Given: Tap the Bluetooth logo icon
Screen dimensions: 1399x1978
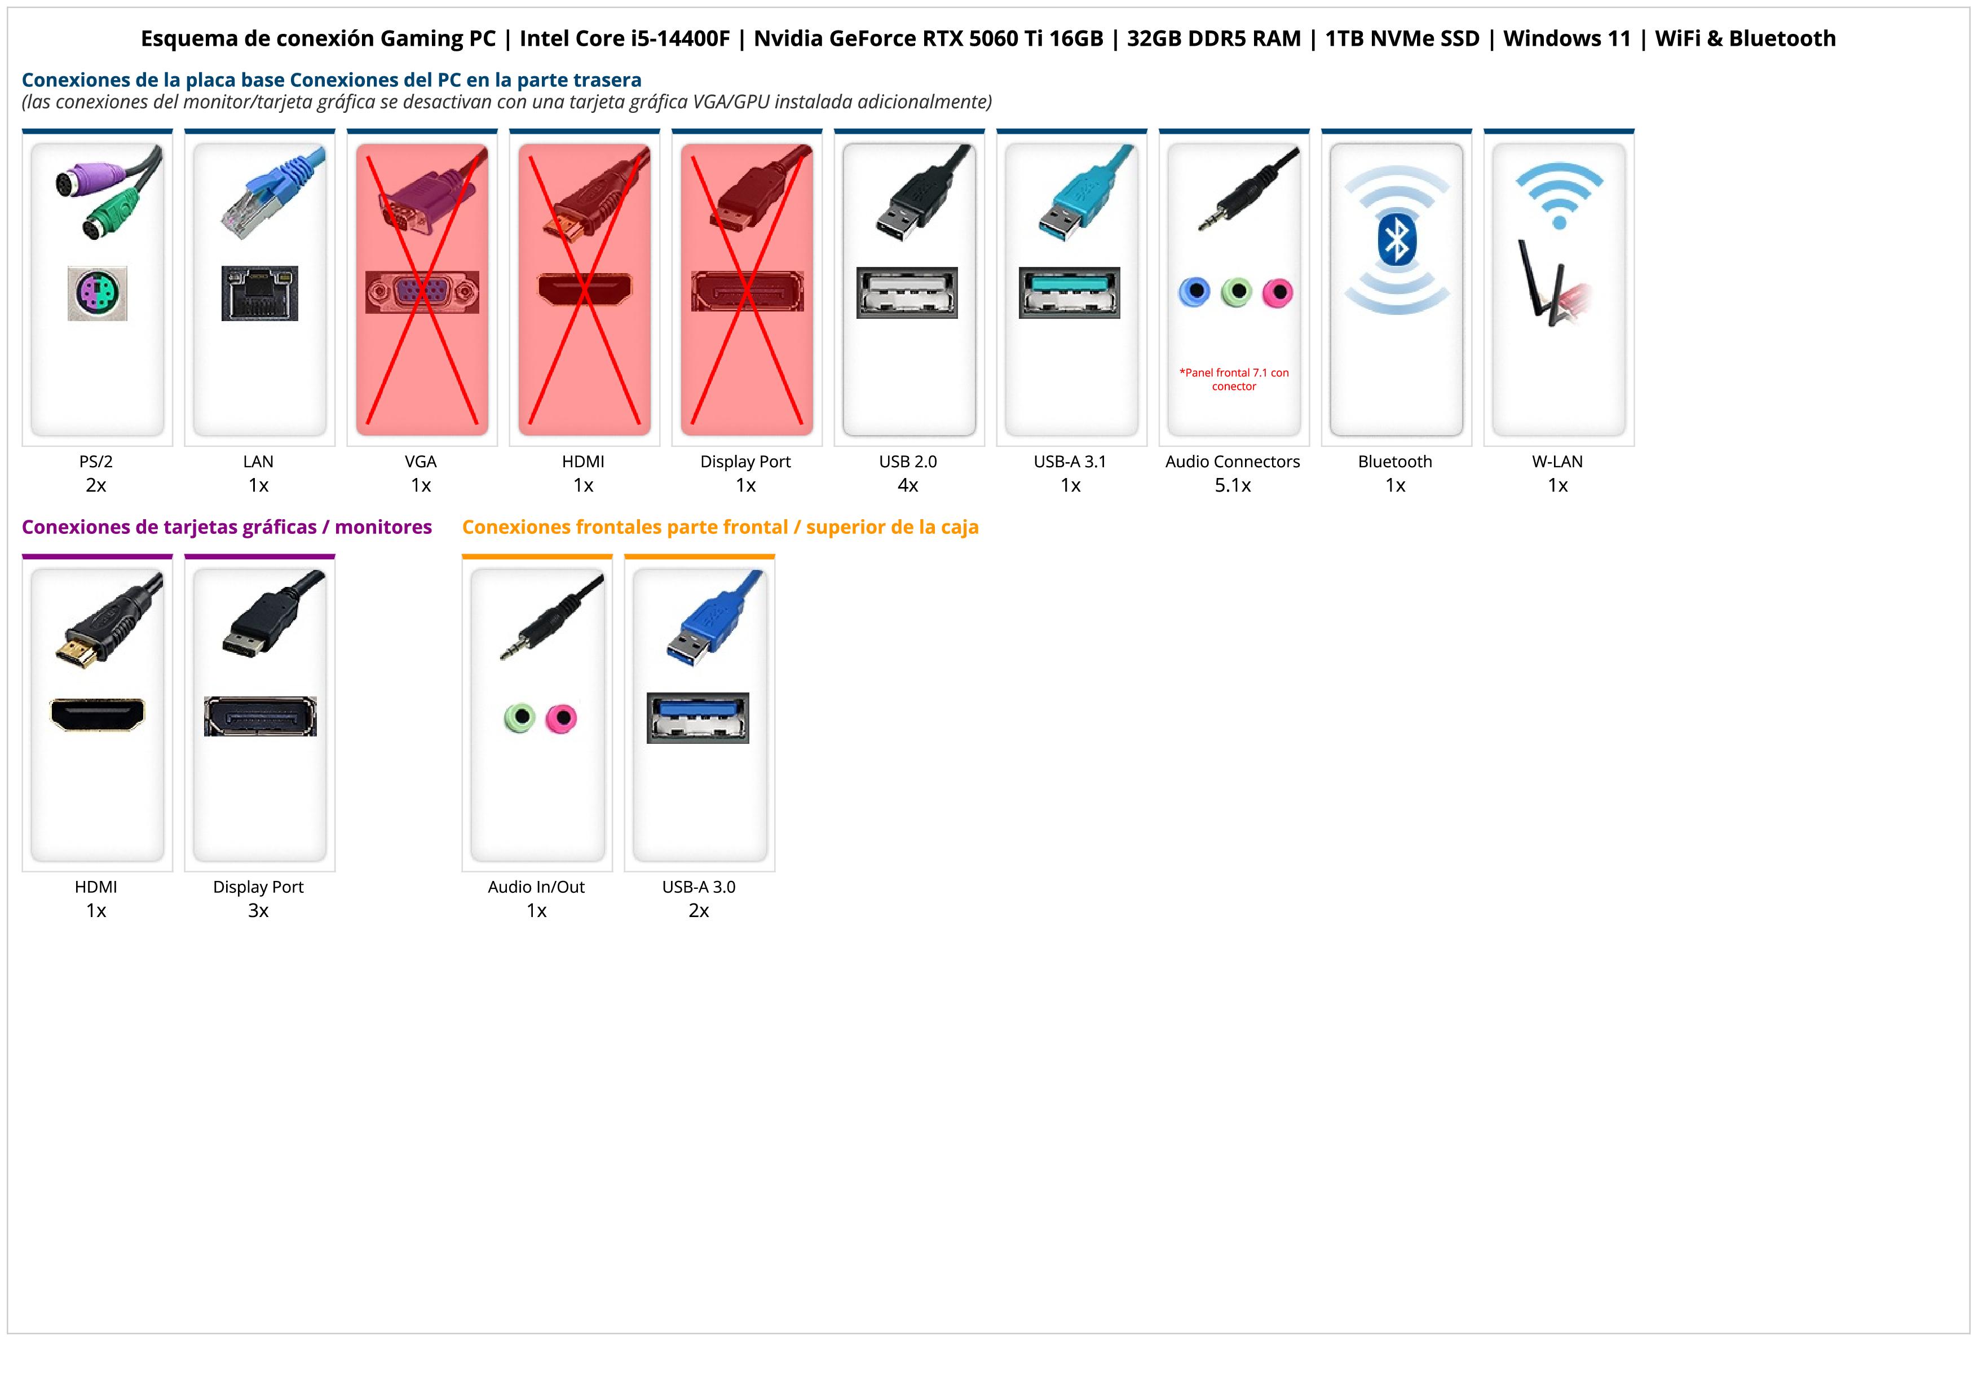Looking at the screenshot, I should coord(1397,240).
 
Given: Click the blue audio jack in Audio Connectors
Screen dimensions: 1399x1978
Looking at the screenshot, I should coord(1194,292).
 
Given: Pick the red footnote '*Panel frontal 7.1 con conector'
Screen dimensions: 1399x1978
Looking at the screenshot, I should coord(1234,379).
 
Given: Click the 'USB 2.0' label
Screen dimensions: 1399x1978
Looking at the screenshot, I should coord(908,462).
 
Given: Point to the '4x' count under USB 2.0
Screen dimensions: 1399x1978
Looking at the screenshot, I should coord(908,485).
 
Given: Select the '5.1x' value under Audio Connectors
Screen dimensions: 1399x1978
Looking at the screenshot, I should coord(1233,485).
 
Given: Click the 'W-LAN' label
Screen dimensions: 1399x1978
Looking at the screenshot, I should coord(1557,462).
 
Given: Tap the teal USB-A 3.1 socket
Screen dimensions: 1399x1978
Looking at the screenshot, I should coord(1070,292).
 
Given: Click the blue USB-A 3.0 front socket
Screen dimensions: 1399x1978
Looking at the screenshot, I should coord(698,717).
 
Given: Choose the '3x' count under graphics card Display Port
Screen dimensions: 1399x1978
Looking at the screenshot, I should coord(258,911).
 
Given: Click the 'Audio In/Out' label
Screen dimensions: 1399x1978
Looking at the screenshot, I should coord(536,887).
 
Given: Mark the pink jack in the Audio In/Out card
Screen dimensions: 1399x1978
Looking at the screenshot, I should coord(562,717).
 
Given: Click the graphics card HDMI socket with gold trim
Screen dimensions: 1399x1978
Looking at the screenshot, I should coord(98,714).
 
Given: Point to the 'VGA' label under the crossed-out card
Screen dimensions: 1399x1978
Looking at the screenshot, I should coord(421,462).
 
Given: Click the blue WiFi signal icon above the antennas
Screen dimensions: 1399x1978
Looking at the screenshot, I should coord(1559,195).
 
